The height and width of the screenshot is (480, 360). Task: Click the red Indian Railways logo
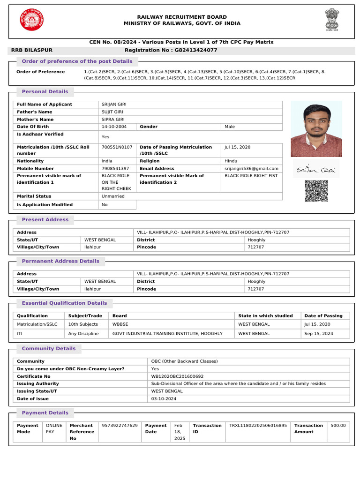[31, 20]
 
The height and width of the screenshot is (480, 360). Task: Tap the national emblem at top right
[330, 20]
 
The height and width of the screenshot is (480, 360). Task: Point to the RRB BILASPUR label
[32, 50]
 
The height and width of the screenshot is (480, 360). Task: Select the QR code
[316, 191]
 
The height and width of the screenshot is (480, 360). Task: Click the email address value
[251, 168]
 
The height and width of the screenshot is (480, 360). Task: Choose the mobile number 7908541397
[115, 168]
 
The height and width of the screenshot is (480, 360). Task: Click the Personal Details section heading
[45, 91]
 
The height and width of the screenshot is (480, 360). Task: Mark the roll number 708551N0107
[117, 147]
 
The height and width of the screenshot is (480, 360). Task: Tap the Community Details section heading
[49, 348]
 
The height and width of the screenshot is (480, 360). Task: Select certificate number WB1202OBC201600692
[177, 376]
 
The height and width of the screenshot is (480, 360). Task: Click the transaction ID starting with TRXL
[258, 426]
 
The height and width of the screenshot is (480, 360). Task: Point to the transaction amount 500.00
[338, 426]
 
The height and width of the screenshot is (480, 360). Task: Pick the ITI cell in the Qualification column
[20, 334]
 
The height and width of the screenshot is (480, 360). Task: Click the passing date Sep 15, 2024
[317, 334]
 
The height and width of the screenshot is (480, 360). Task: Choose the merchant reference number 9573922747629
[120, 426]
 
